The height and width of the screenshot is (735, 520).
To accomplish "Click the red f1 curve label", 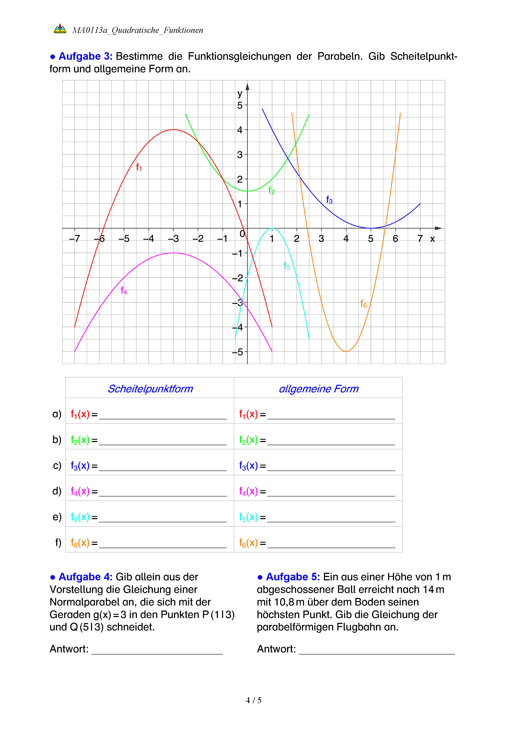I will [139, 167].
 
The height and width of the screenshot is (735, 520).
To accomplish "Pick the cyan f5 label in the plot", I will [287, 266].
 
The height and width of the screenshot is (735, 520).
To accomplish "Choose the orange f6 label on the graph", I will [363, 304].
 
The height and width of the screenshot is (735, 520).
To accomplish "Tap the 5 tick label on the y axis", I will [240, 105].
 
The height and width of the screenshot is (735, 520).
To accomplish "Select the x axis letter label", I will [432, 239].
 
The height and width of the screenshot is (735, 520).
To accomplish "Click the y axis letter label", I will [240, 93].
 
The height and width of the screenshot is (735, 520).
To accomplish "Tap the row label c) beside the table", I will [57, 465].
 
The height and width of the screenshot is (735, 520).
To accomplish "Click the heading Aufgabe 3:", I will [85, 56].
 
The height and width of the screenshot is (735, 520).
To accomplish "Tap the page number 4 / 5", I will [253, 700].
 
